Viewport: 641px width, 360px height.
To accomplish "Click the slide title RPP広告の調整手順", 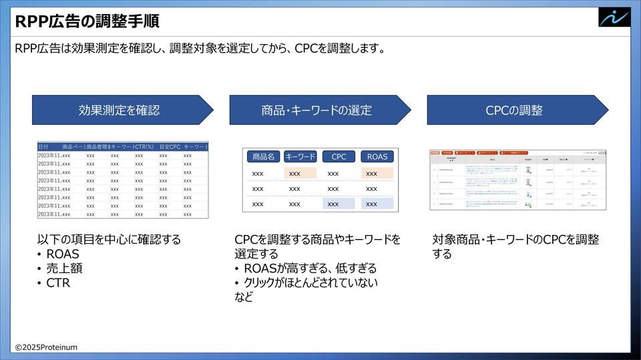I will tap(87, 21).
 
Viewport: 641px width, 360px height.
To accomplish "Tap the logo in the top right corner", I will tap(614, 17).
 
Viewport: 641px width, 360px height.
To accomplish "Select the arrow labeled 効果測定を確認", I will tap(120, 110).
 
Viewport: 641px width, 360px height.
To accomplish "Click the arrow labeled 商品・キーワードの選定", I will tap(317, 110).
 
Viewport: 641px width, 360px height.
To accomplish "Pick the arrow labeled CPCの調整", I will tap(515, 110).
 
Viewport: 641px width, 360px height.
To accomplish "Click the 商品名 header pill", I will tap(262, 157).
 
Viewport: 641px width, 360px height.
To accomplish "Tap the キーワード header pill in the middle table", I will tap(300, 157).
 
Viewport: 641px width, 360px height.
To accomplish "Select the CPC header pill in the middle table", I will tap(339, 157).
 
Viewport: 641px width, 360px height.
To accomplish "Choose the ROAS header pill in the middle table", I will tap(377, 157).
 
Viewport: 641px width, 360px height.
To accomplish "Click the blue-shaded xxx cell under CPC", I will tap(339, 204).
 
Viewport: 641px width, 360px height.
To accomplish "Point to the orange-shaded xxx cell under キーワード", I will tap(300, 174).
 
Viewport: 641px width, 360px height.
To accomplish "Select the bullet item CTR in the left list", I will tap(58, 283).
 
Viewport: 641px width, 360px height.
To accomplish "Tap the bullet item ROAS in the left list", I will tap(63, 254).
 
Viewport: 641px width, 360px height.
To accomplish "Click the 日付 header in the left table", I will tap(43, 146).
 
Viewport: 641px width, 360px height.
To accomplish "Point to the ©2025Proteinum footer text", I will tap(47, 347).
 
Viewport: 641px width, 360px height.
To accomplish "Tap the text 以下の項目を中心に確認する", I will tap(109, 239).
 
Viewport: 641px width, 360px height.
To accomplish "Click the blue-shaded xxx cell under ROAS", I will tap(377, 204).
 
